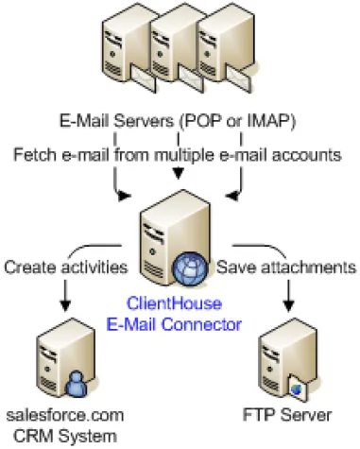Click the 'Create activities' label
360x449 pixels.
(x=65, y=267)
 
